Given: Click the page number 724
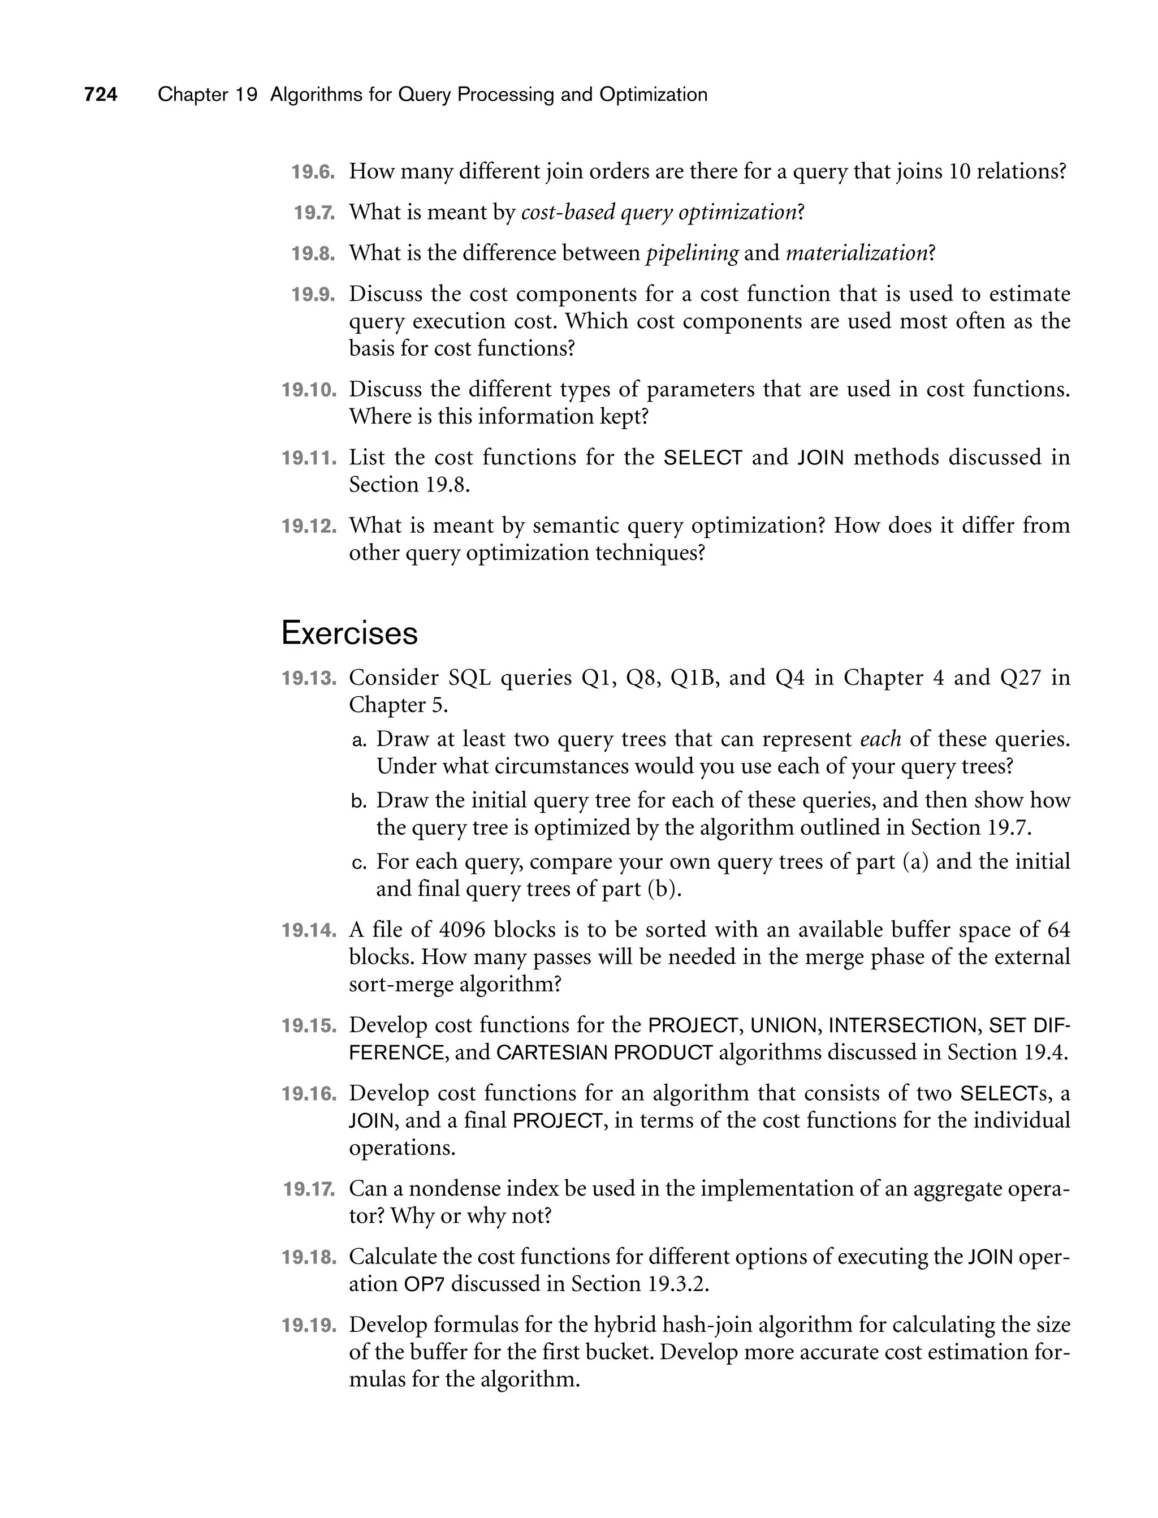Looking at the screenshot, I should [101, 94].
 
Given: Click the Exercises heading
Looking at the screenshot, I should [349, 633].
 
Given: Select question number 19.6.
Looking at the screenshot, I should [312, 172].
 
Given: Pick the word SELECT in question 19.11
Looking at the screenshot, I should [702, 458].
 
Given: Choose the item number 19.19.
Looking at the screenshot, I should [309, 1325].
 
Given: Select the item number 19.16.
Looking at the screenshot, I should [309, 1094].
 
